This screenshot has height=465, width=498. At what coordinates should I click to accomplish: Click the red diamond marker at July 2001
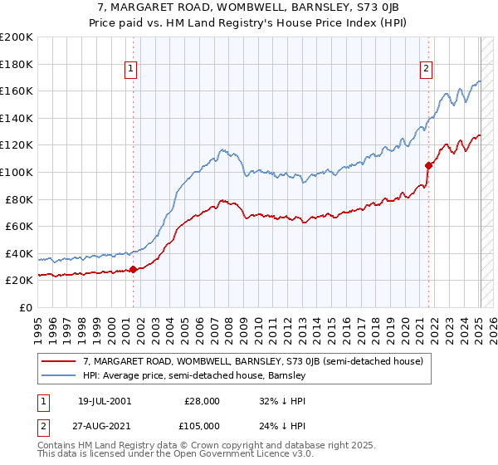[x=133, y=269]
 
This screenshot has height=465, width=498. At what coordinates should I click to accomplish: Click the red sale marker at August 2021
[x=429, y=165]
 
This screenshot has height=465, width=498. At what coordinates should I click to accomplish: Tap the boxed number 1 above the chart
[x=132, y=70]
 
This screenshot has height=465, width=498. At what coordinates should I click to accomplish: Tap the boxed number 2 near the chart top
[x=426, y=70]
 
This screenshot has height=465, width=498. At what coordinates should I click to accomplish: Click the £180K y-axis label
[x=17, y=64]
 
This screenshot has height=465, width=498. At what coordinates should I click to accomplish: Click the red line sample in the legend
[x=59, y=361]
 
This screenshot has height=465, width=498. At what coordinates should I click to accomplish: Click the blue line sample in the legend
[x=59, y=375]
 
